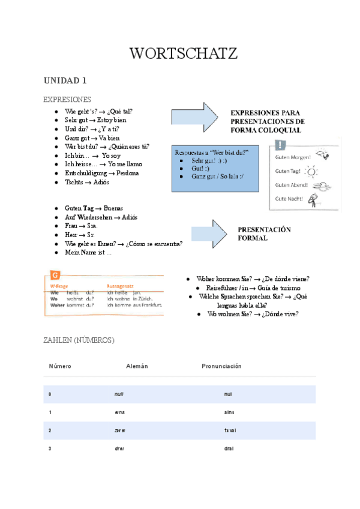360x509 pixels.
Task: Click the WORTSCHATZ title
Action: (184, 54)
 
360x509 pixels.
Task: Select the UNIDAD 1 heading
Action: (65, 80)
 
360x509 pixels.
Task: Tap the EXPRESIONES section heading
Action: (67, 99)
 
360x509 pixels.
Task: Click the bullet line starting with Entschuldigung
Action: (102, 173)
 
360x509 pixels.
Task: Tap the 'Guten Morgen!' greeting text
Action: (292, 157)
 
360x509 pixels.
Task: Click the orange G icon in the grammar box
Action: (55, 276)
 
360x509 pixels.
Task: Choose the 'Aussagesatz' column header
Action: (122, 286)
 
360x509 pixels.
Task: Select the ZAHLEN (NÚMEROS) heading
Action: (79, 340)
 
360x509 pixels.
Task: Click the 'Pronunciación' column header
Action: (221, 366)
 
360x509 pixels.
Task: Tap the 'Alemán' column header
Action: (137, 366)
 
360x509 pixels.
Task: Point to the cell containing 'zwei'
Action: (119, 431)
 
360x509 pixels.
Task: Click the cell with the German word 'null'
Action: (119, 394)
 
